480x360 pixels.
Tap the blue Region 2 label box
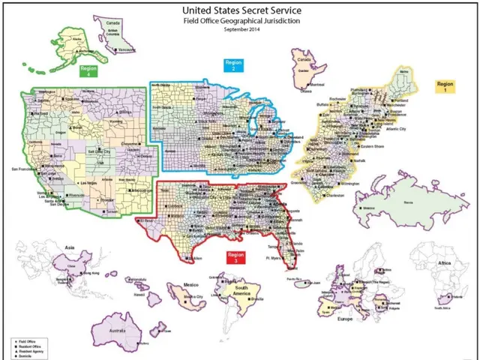click(234, 64)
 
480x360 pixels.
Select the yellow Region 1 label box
click(445, 85)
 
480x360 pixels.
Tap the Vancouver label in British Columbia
click(128, 50)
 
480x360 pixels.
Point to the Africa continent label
click(445, 264)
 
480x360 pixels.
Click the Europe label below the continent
click(344, 319)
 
